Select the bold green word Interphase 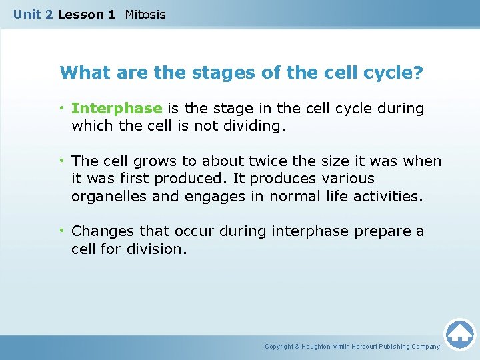117,109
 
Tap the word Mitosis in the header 145,14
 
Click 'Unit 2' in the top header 33,14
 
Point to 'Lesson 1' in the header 86,14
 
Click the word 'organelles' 103,196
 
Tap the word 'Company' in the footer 425,347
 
